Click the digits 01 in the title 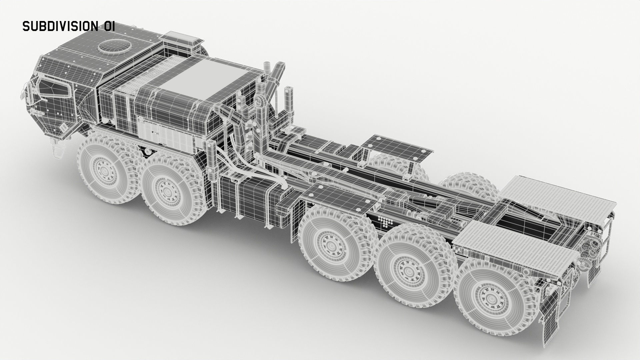pyautogui.click(x=108, y=26)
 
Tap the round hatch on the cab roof pyautogui.click(x=114, y=46)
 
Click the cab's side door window pyautogui.click(x=53, y=88)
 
